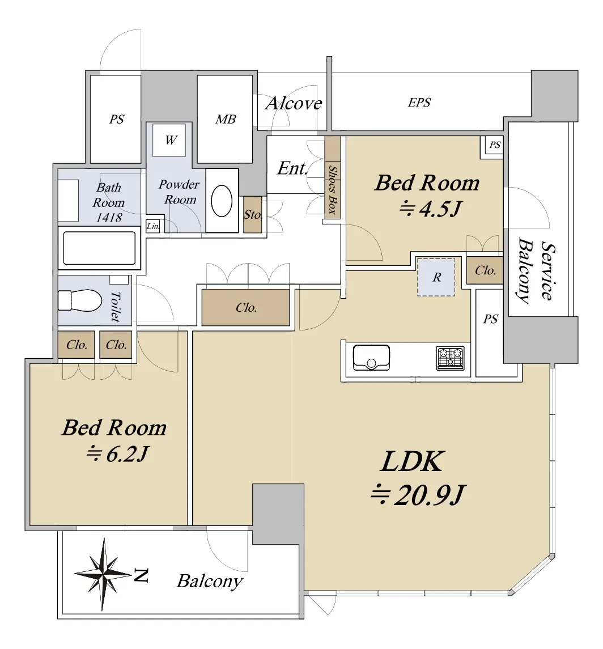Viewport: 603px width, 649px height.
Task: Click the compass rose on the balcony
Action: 104,574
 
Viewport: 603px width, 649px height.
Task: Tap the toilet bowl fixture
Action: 80,300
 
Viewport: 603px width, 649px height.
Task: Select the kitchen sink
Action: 371,358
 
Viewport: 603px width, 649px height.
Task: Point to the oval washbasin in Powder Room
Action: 222,201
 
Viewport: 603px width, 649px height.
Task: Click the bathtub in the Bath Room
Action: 99,248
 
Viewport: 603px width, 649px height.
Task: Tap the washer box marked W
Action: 169,140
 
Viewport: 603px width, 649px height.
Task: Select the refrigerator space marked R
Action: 436,277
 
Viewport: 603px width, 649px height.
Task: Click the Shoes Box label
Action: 332,189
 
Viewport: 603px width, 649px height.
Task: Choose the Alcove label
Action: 294,103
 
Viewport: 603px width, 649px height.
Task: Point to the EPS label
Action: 419,102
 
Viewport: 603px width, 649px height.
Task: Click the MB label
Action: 226,119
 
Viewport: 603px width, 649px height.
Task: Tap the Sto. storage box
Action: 252,214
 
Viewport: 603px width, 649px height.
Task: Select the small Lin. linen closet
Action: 153,226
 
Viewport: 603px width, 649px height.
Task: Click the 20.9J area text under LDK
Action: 418,495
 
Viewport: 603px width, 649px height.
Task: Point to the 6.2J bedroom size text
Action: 117,454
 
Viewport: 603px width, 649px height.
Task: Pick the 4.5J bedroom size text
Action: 430,209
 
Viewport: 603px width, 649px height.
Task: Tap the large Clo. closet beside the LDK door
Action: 246,307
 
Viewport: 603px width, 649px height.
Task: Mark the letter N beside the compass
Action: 141,576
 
